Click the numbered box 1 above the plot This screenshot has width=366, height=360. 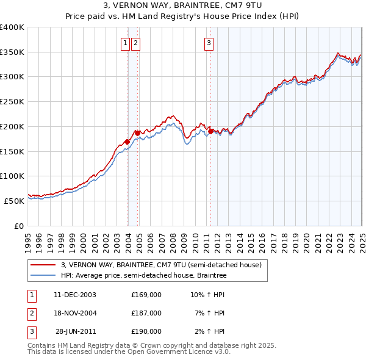pos(125,43)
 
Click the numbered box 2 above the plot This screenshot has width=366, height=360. pos(135,43)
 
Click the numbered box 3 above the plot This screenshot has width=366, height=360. pos(209,43)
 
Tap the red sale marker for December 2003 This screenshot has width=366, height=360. pos(127,142)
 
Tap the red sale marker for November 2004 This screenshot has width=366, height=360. pos(138,132)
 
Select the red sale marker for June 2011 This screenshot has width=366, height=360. pos(211,131)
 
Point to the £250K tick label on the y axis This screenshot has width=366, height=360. pos(12,102)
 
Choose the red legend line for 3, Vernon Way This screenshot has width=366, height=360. pos(43,265)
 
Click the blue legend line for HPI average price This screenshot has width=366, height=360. pos(43,276)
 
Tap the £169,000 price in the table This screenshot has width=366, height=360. pos(146,295)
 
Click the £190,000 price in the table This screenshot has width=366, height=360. pos(146,331)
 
